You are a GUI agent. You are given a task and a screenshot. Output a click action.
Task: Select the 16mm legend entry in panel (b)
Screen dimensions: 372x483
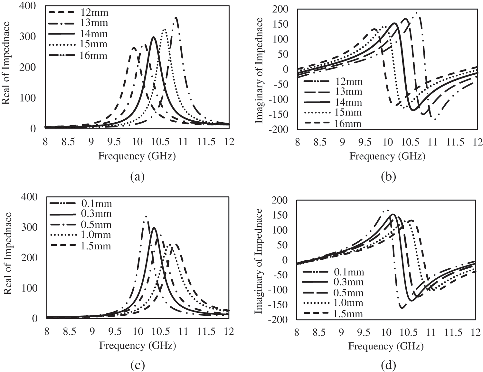click(348, 124)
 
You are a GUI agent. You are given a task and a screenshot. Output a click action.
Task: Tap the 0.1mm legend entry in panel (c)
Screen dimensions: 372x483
click(96, 204)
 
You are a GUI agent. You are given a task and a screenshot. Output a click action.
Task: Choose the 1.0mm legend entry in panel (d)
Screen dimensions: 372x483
click(349, 303)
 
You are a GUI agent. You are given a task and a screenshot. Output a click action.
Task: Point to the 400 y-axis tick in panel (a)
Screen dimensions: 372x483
click(28, 6)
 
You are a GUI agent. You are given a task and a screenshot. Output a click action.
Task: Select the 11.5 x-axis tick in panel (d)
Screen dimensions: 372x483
click(453, 332)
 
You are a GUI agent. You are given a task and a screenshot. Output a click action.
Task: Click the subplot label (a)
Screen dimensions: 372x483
click(137, 176)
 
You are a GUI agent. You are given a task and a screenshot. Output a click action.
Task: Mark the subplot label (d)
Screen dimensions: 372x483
click(388, 366)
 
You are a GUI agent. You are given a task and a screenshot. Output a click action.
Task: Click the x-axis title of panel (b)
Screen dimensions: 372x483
click(387, 156)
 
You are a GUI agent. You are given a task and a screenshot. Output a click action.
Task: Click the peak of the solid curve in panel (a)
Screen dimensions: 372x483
click(154, 37)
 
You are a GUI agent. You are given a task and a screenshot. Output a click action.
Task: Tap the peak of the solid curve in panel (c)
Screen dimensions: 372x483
click(154, 228)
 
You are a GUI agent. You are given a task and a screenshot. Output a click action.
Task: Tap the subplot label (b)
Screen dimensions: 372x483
click(388, 176)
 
